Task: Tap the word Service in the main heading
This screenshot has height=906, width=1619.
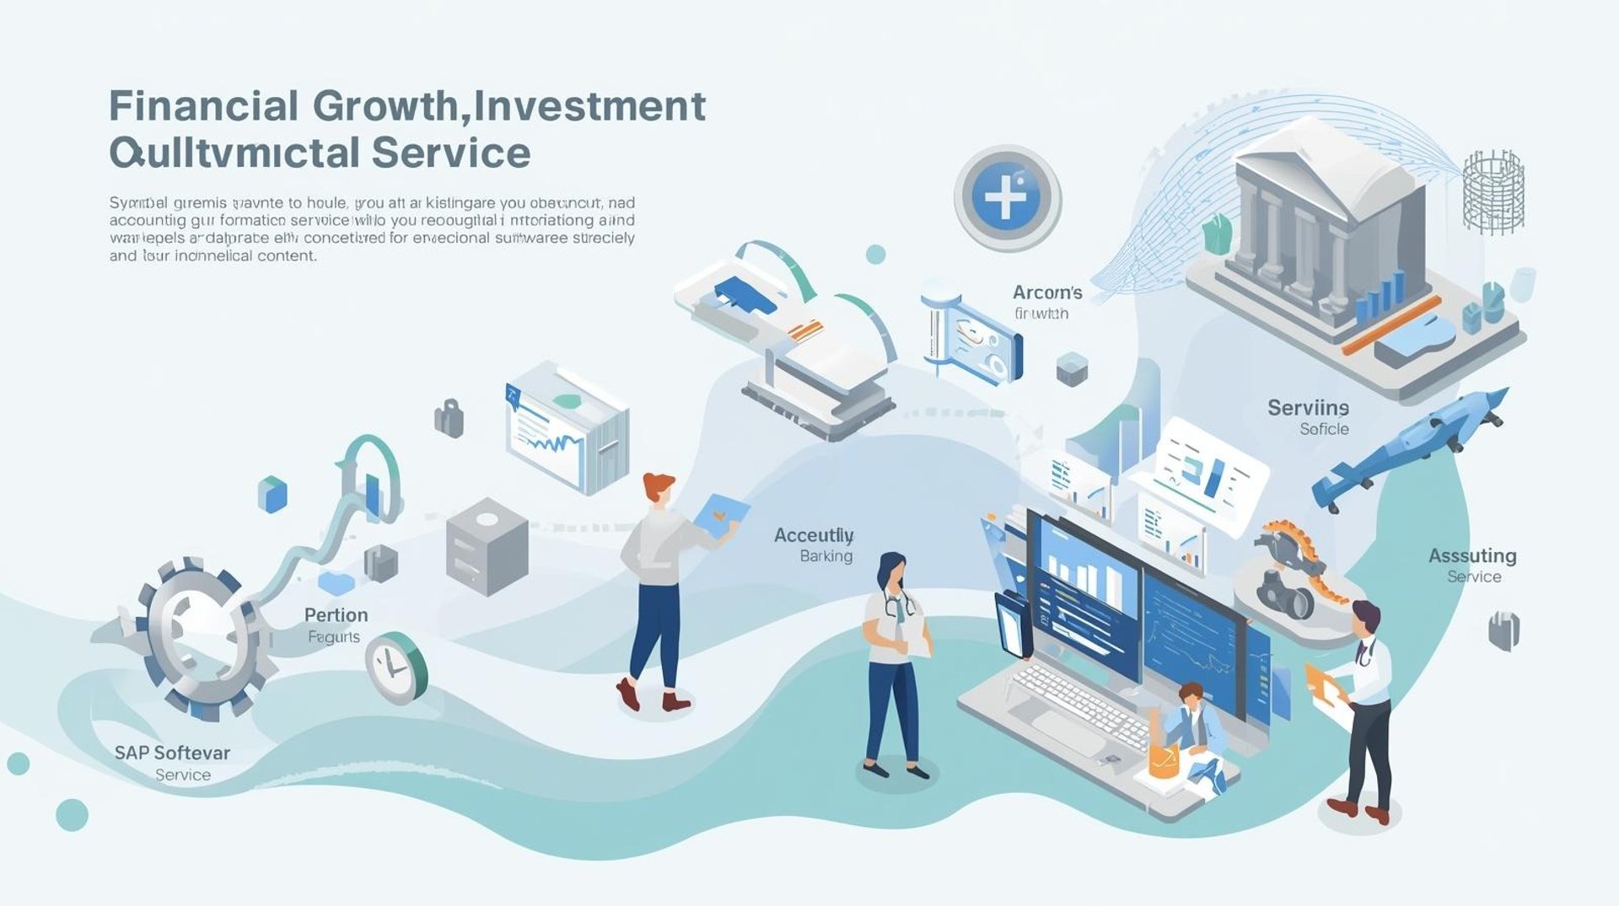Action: (x=450, y=153)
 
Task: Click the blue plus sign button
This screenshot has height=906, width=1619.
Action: (x=1007, y=197)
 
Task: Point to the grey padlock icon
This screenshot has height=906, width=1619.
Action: (x=449, y=418)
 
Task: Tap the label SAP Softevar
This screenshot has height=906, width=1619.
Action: (x=172, y=753)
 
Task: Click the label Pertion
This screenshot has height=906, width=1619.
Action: (x=336, y=614)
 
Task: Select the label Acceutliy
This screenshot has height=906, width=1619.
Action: (x=814, y=535)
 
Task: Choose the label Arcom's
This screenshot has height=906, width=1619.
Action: (x=1047, y=292)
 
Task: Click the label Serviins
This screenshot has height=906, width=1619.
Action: (x=1308, y=408)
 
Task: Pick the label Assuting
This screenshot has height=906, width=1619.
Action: (x=1472, y=556)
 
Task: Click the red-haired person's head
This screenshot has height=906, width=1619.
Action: (x=658, y=489)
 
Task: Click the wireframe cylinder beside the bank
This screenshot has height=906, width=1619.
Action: (x=1493, y=192)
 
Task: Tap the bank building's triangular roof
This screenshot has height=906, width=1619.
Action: (x=1324, y=164)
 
